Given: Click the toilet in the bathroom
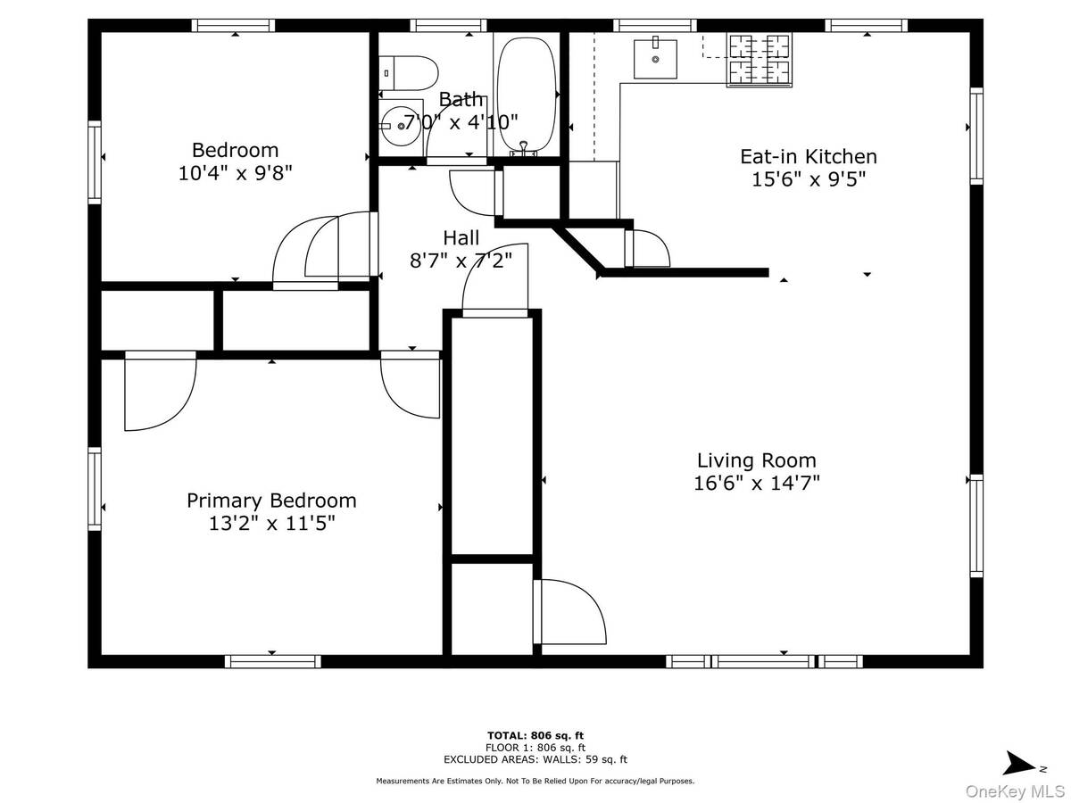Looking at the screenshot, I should tap(408, 70).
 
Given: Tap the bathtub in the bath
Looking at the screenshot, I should tap(525, 94).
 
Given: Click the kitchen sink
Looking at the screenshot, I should tap(655, 59).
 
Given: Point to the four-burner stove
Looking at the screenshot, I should tap(760, 59).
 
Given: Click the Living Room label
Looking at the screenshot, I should tap(756, 460).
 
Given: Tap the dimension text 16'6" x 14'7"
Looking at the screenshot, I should tap(756, 484).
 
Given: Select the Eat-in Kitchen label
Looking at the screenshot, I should tap(808, 156).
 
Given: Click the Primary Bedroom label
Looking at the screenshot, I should tap(271, 501).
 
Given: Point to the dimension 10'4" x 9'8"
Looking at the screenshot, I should tap(236, 172).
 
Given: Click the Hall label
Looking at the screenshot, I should tap(461, 238).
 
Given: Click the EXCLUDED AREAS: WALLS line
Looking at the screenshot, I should tap(535, 759).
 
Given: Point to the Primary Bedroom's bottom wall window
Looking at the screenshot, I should tap(272, 661).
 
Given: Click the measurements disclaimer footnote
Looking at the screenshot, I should tap(535, 781).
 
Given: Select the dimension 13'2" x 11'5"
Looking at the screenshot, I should tap(271, 524).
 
